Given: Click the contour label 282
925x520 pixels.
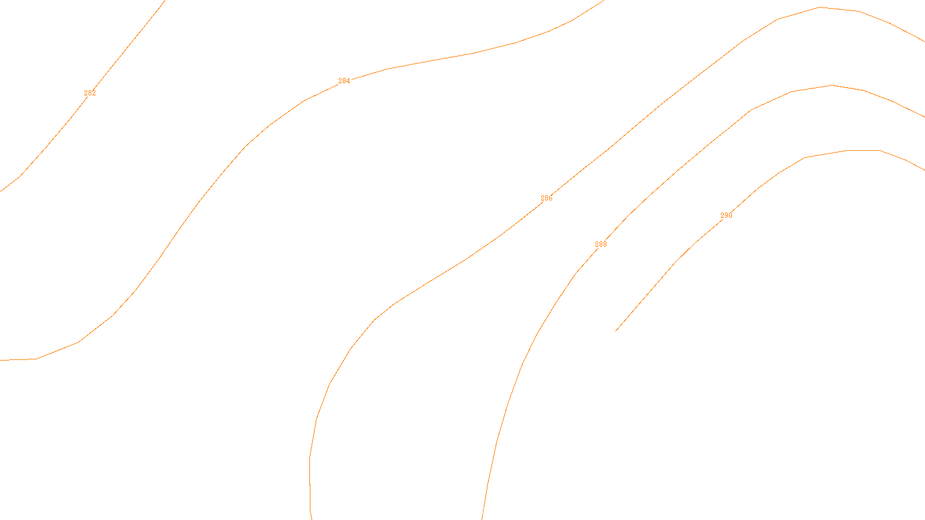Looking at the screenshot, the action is point(90,93).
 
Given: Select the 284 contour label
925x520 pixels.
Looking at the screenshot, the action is point(344,81).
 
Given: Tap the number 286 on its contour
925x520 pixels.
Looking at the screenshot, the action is point(546,198).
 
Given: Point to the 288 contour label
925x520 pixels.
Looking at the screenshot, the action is point(601,244).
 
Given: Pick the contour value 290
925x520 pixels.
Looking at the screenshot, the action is point(726,216).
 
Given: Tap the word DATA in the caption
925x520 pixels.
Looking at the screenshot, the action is point(489,510).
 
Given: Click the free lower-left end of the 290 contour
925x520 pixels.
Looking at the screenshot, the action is point(616,331).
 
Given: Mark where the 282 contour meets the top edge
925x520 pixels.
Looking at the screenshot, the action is point(165,1).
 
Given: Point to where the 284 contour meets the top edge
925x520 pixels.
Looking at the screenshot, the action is point(603,1).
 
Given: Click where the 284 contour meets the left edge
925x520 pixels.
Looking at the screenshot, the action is point(1,360).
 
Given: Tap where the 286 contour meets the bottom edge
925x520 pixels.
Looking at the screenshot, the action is point(312,519).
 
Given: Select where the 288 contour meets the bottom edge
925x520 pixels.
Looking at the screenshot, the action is point(482,519).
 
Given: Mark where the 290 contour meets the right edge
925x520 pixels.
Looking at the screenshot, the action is point(924,170).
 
